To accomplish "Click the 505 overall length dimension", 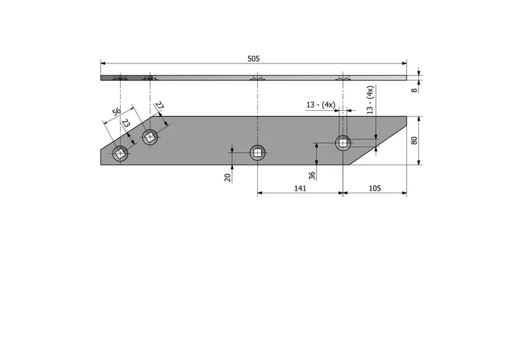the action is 254,59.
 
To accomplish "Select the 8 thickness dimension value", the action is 414,90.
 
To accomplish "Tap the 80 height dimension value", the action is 414,140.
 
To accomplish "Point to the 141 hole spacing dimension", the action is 300,188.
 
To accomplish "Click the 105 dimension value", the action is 374,188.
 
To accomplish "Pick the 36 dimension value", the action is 312,176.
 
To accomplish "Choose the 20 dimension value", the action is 227,177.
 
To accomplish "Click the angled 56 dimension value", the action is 116,112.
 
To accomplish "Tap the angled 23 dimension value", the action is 126,123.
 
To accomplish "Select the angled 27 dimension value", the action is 159,105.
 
